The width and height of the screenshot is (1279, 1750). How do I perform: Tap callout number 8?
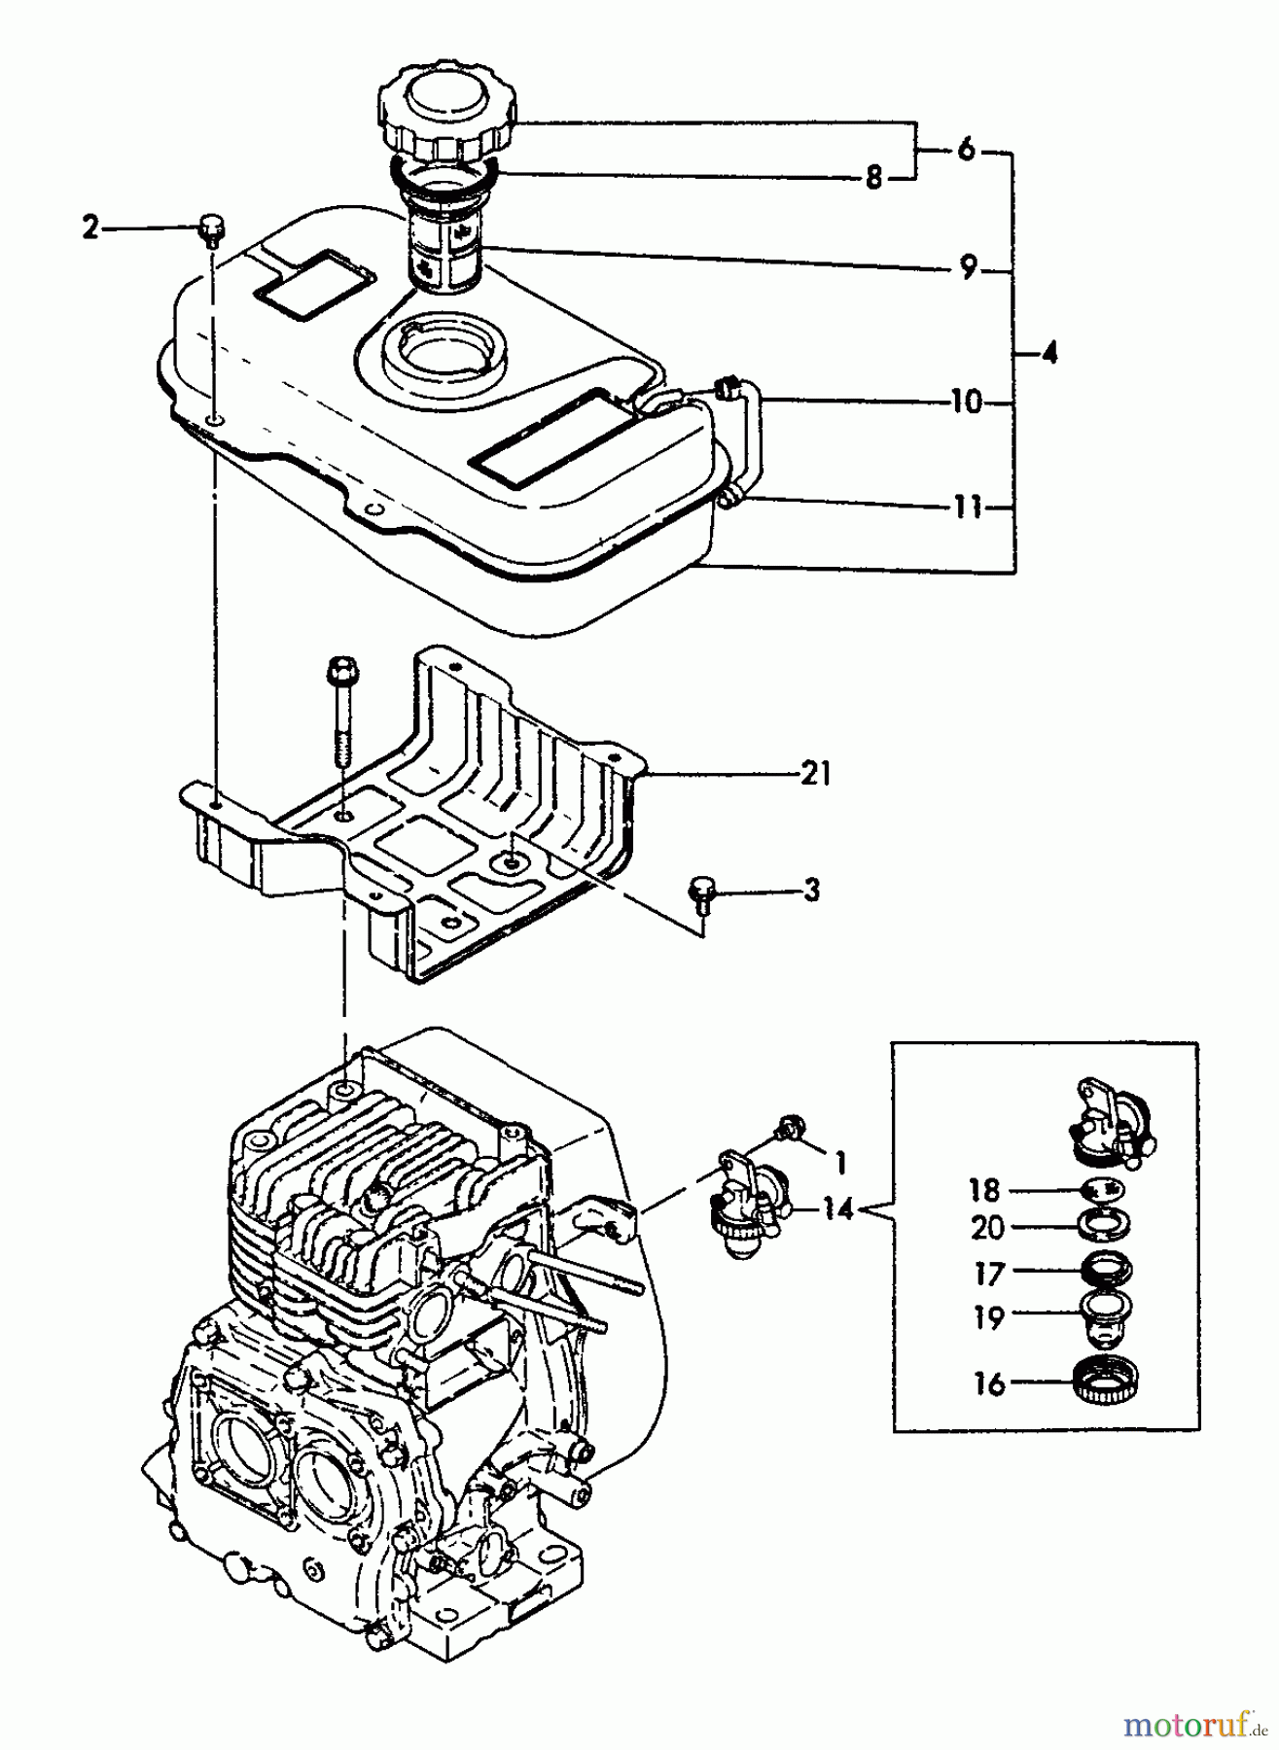click(873, 179)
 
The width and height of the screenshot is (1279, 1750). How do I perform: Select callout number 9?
click(968, 268)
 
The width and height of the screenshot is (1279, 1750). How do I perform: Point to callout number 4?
click(1048, 354)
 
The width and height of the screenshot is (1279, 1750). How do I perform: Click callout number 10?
click(966, 402)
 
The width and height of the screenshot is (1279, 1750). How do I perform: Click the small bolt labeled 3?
click(701, 891)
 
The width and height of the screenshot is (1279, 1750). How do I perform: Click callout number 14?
click(837, 1209)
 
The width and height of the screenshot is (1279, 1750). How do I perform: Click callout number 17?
click(988, 1273)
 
